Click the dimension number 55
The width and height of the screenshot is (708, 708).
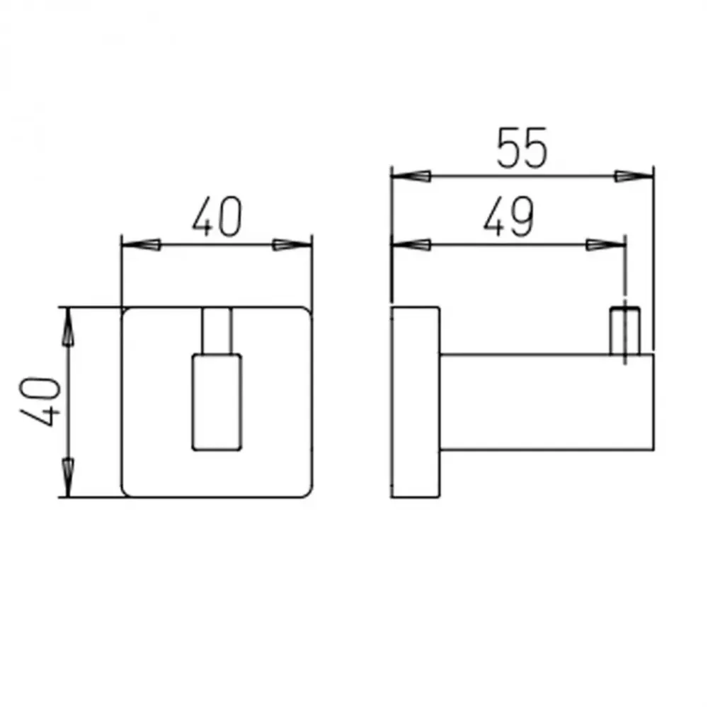(x=522, y=148)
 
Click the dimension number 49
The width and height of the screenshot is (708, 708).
(x=508, y=217)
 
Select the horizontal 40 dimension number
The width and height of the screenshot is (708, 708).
(x=217, y=216)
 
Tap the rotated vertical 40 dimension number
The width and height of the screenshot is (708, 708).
(x=40, y=401)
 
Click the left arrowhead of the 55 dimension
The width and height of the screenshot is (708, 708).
(x=411, y=176)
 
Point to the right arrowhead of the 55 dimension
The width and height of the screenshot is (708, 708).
(x=634, y=176)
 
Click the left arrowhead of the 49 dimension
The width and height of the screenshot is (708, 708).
(x=411, y=245)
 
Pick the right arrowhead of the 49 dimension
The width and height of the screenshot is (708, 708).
(x=605, y=245)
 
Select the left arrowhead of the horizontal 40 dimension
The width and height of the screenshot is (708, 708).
(x=142, y=245)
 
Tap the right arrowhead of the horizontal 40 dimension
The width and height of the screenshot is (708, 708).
(x=292, y=245)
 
